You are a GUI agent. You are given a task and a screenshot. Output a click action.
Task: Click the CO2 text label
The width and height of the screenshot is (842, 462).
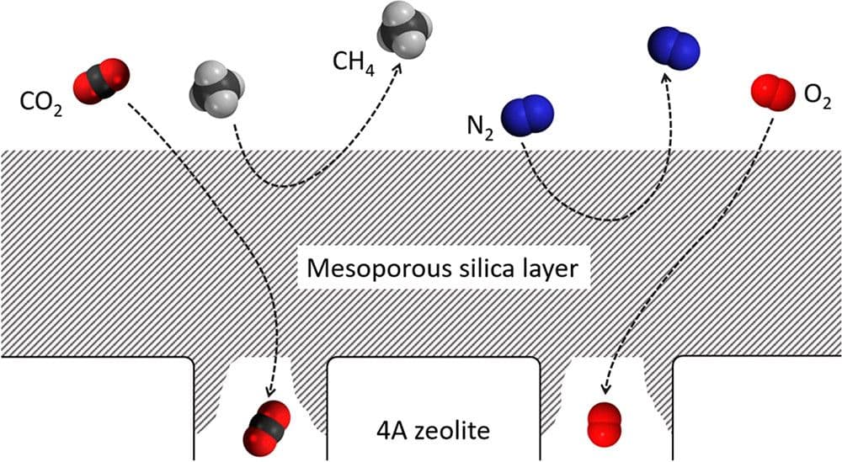[x=41, y=104]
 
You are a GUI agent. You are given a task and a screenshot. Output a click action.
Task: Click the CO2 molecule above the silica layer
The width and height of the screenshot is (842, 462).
[x=101, y=82]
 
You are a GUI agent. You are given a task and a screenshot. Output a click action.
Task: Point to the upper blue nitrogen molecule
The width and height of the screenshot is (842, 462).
[x=674, y=48]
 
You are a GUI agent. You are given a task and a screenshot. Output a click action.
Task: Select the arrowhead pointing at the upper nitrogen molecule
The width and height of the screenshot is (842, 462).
[x=665, y=78]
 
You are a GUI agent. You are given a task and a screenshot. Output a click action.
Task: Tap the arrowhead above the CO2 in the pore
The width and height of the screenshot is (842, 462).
[x=269, y=390]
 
